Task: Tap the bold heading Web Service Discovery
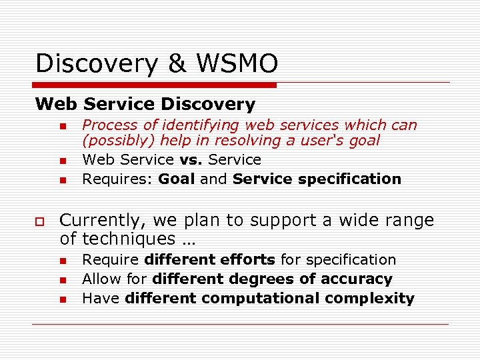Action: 145,104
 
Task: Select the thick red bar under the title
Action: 156,85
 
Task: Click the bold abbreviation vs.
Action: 192,160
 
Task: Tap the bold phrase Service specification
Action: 317,179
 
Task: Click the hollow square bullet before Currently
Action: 41,221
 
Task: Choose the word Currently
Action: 99,221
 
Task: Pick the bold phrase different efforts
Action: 210,259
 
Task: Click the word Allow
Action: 100,279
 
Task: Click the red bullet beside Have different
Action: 61,299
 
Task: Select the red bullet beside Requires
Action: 61,180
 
